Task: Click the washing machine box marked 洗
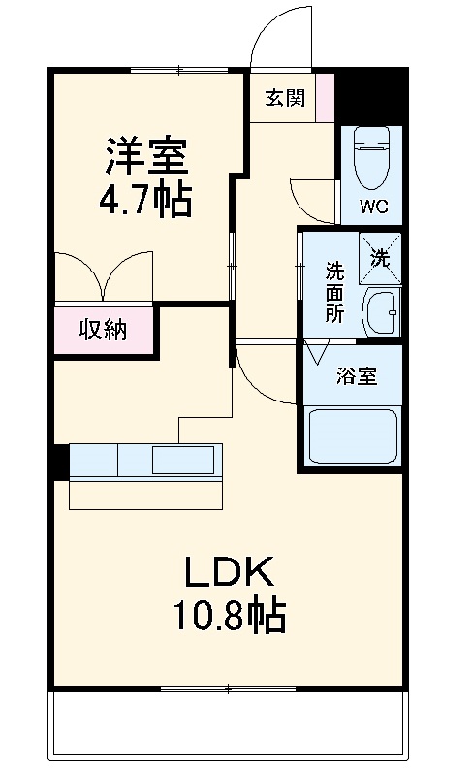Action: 379,258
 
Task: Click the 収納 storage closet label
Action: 103,331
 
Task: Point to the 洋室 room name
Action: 144,154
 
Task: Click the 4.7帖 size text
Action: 144,201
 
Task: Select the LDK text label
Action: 228,572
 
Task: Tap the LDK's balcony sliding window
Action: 228,689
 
